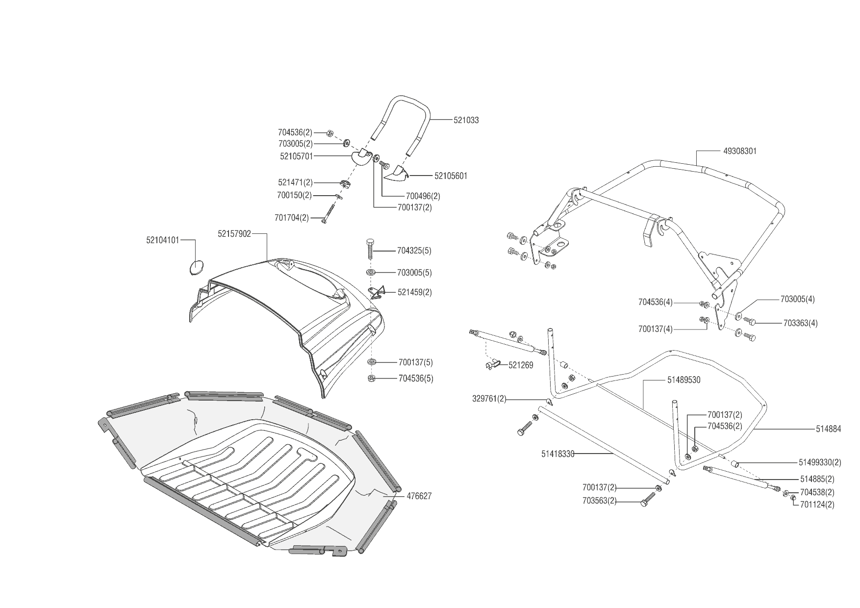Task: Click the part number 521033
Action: click(466, 120)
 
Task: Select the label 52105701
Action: click(297, 156)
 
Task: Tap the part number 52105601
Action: click(451, 176)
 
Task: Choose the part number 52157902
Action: click(234, 234)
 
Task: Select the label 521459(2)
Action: click(415, 292)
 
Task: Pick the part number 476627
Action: click(419, 496)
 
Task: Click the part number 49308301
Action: click(740, 151)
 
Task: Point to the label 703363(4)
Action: click(800, 323)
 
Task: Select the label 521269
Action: click(521, 365)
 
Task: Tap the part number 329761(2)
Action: click(489, 399)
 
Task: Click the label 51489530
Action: click(683, 380)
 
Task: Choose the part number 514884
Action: click(828, 429)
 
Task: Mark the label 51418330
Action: click(557, 454)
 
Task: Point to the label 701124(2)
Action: click(817, 504)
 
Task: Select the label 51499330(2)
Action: click(820, 462)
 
